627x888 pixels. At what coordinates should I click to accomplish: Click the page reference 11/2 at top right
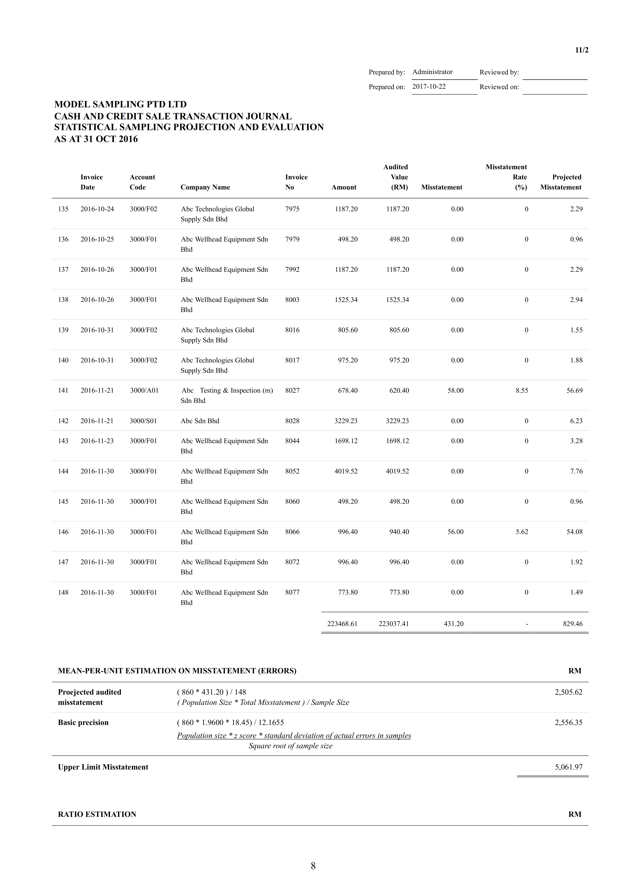[581, 50]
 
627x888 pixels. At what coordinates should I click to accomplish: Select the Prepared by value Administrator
[432, 72]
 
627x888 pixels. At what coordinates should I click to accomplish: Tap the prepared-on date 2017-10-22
[429, 87]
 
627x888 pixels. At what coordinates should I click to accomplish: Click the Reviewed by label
[499, 72]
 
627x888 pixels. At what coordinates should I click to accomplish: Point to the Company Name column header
[205, 187]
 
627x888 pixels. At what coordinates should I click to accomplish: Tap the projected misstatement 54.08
[575, 532]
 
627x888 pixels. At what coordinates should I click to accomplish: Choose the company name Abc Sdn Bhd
[200, 421]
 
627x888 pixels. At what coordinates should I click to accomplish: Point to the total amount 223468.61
[342, 624]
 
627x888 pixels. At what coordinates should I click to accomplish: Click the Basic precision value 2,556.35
[568, 722]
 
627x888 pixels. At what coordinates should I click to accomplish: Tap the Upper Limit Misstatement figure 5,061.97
[568, 767]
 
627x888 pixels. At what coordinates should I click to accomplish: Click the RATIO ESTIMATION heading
[97, 814]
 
